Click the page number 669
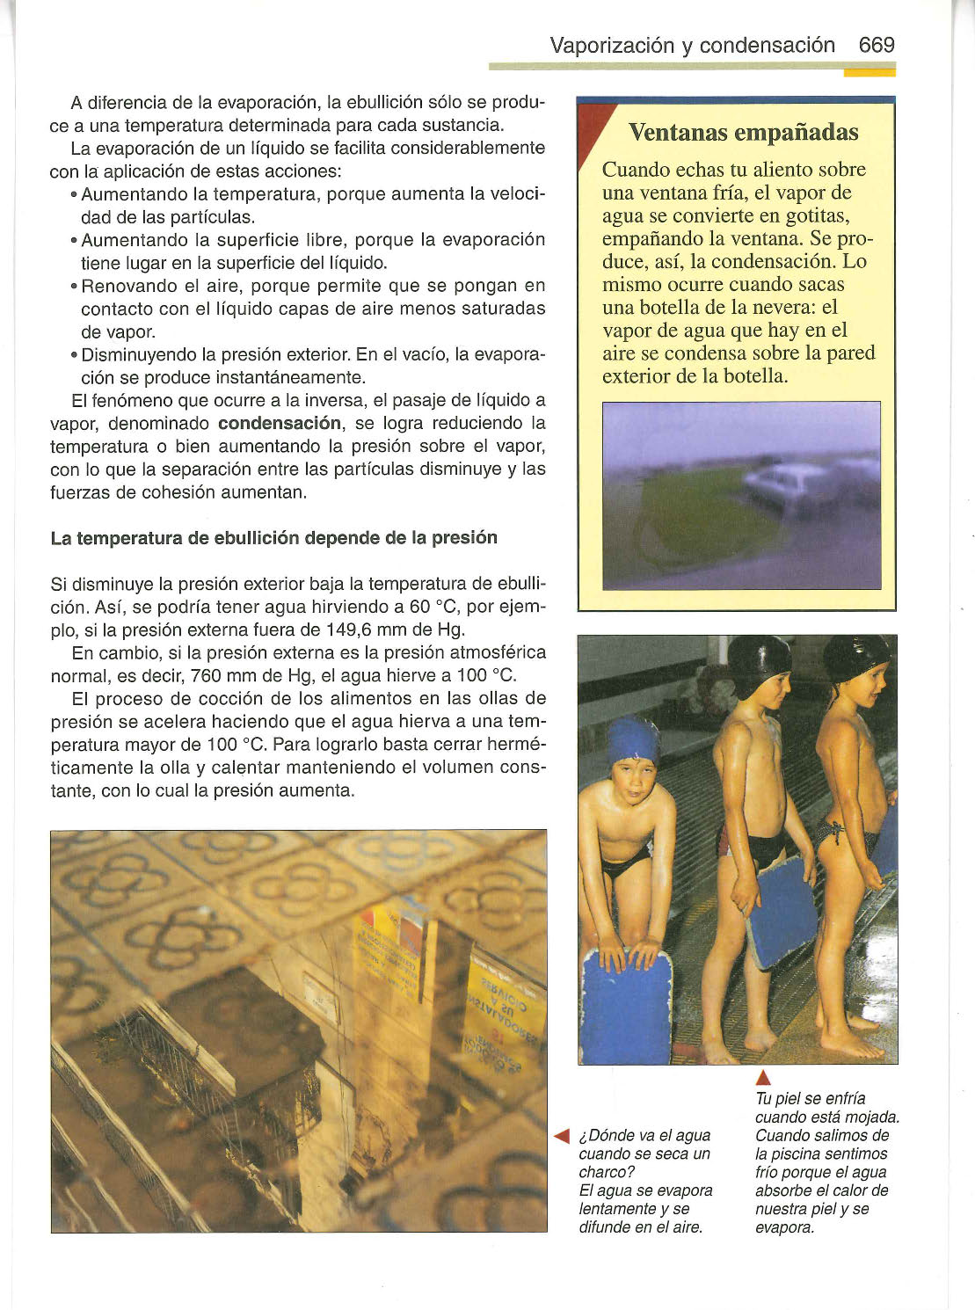coord(876,45)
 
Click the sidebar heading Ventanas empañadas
coord(743,133)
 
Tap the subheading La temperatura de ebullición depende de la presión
coord(273,537)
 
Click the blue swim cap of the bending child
coord(633,740)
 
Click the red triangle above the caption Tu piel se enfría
coord(763,1080)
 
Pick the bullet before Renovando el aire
coord(74,287)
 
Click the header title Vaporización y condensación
coord(692,45)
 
